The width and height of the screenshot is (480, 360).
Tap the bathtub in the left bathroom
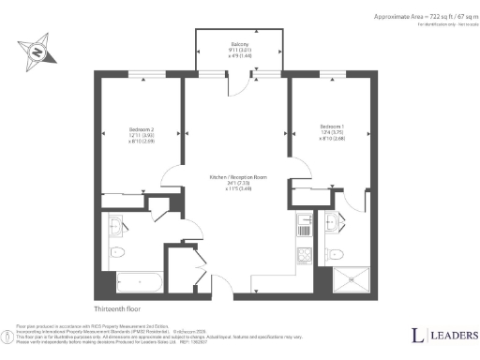(x=136, y=280)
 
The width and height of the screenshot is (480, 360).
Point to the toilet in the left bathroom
(x=117, y=253)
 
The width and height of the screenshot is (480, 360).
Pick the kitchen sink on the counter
(x=303, y=223)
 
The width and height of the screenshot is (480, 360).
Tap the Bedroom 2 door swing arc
(x=173, y=176)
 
